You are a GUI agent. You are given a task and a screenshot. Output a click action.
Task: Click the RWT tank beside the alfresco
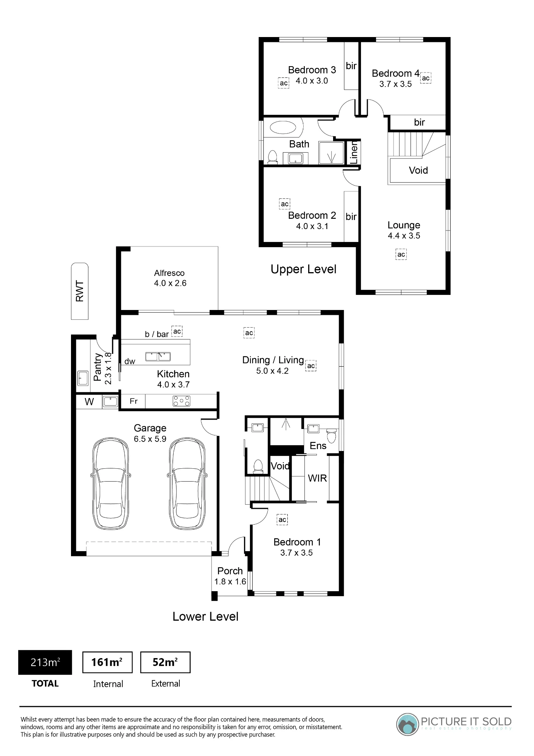tap(80, 291)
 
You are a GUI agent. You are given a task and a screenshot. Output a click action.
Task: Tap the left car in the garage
tap(111, 484)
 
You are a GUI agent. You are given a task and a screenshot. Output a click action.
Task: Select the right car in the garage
tap(187, 484)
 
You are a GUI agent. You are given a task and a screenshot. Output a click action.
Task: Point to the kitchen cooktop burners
tap(181, 401)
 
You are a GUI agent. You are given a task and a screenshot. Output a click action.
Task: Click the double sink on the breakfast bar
tap(158, 356)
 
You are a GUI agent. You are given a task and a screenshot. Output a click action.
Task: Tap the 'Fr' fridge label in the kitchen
tap(134, 401)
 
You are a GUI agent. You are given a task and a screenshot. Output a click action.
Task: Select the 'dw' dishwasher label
tap(130, 361)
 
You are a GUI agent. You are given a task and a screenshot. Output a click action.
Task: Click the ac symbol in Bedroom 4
tap(426, 78)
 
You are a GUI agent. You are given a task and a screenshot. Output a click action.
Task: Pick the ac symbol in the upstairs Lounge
tap(401, 254)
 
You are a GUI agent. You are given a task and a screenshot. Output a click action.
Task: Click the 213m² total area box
tap(45, 662)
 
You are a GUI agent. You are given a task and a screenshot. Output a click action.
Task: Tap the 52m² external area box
tap(165, 662)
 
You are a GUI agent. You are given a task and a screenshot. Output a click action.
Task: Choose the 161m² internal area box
tap(107, 662)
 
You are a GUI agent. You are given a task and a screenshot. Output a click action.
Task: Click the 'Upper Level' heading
tap(303, 269)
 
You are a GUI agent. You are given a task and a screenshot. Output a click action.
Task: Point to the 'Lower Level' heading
tap(205, 617)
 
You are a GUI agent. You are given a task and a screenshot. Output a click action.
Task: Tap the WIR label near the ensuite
tap(317, 478)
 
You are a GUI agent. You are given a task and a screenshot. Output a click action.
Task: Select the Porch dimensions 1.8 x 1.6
tap(230, 582)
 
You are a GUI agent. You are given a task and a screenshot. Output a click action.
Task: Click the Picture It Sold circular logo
tap(407, 724)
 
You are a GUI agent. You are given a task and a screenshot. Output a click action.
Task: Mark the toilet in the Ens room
tap(331, 435)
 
